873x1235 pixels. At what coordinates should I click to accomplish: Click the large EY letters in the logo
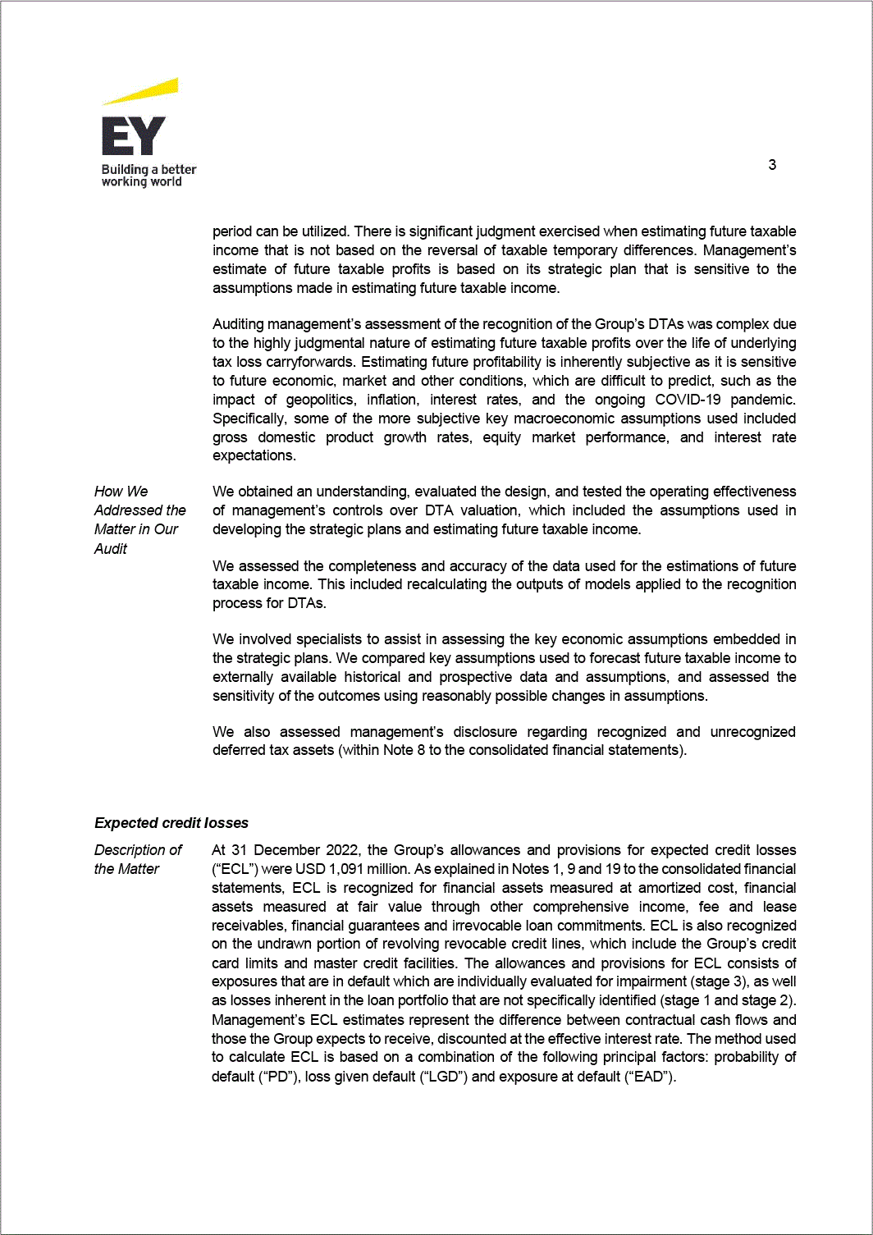(133, 136)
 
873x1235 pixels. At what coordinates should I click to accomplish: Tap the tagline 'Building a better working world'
(148, 176)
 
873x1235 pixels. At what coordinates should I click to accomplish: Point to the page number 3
(772, 165)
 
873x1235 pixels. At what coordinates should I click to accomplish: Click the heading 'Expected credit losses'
(171, 823)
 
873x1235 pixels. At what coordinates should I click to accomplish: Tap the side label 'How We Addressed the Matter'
(139, 519)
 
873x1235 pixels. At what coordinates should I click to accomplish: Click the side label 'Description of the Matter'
(137, 859)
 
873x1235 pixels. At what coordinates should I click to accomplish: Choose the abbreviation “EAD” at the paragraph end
(649, 1077)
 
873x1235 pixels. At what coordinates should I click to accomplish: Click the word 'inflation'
(391, 400)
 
